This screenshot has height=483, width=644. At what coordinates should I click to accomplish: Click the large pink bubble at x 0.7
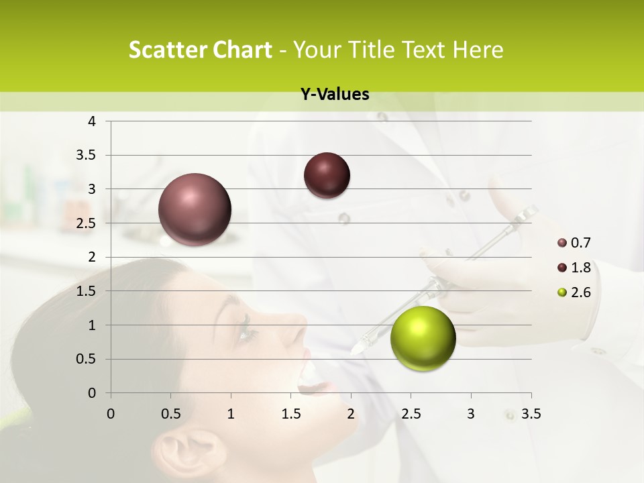[195, 209]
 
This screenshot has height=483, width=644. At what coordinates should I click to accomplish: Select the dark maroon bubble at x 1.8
[327, 176]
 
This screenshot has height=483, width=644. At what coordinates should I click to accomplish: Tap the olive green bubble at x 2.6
[423, 338]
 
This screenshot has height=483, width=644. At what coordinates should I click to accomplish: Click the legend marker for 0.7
[562, 243]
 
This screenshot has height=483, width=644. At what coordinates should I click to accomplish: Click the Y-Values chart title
[335, 95]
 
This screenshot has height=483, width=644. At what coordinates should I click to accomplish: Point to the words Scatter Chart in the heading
[200, 50]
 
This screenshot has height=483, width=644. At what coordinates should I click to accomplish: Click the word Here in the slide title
[478, 50]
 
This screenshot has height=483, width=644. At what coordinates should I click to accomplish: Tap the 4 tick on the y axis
[92, 121]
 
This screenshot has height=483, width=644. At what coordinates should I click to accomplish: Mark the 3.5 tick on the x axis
[530, 414]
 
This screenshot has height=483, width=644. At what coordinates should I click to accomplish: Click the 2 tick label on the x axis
[350, 414]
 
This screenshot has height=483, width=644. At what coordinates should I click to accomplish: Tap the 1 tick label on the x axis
[231, 414]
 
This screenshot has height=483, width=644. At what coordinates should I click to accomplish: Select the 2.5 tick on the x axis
[411, 414]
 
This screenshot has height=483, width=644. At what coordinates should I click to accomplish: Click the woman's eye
[246, 329]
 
